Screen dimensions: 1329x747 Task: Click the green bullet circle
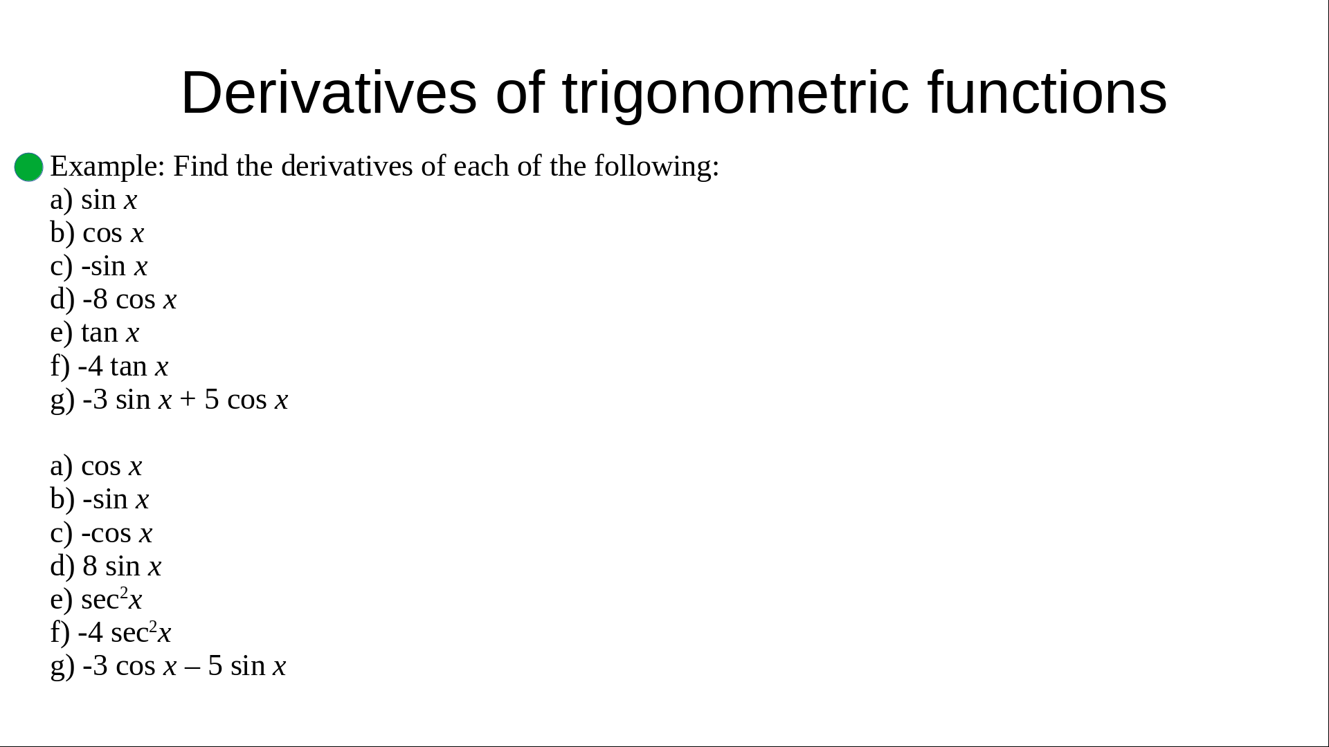pyautogui.click(x=29, y=167)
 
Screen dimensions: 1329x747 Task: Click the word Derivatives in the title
pyautogui.click(x=329, y=93)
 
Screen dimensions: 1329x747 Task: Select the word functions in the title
pyautogui.click(x=1047, y=93)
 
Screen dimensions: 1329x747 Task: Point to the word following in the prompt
pyautogui.click(x=656, y=167)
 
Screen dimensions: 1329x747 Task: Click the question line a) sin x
pyautogui.click(x=94, y=200)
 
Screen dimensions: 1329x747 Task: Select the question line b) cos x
pyautogui.click(x=98, y=233)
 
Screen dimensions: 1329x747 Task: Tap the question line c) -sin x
pyautogui.click(x=99, y=266)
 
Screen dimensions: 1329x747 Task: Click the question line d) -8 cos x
pyautogui.click(x=114, y=299)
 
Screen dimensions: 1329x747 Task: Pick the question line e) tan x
pyautogui.click(x=95, y=333)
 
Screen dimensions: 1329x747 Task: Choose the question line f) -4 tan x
pyautogui.click(x=109, y=366)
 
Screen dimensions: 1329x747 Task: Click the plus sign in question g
pyautogui.click(x=188, y=400)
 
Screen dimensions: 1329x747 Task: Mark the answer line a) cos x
pyautogui.click(x=96, y=466)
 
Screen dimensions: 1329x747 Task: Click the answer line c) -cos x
pyautogui.click(x=101, y=533)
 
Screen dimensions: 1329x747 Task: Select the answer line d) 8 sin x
pyautogui.click(x=106, y=566)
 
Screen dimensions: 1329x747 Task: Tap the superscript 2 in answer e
pyautogui.click(x=124, y=593)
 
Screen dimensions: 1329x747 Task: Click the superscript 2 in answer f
pyautogui.click(x=153, y=626)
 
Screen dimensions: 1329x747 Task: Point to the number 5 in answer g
pyautogui.click(x=215, y=666)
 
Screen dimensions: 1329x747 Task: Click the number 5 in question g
pyautogui.click(x=212, y=400)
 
